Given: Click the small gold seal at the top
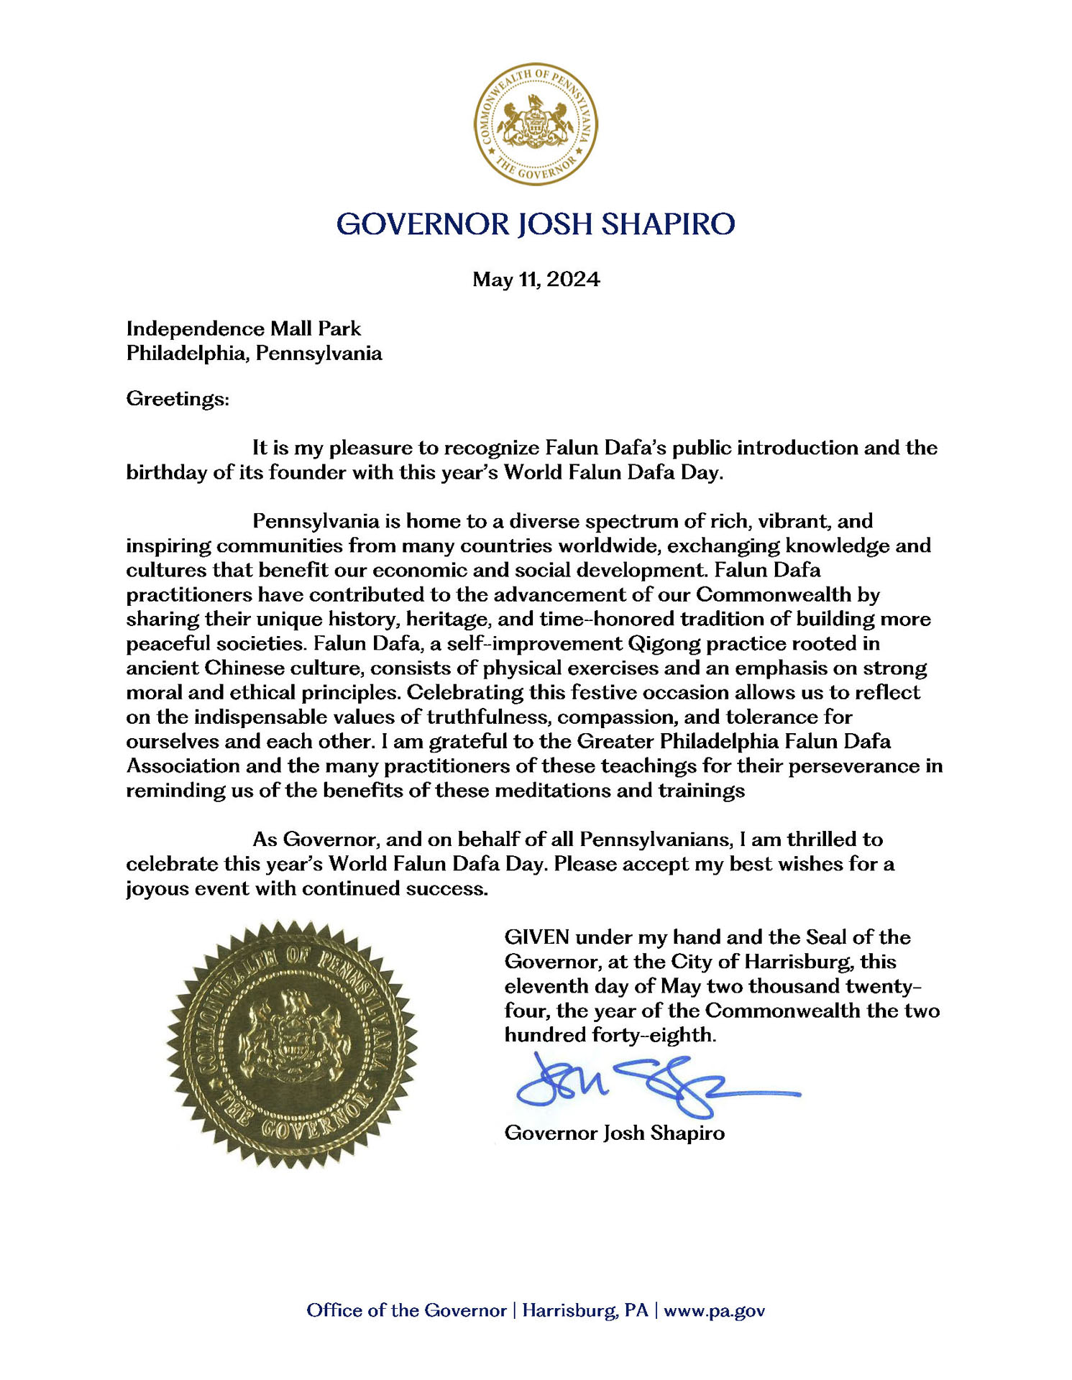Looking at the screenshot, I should point(535,124).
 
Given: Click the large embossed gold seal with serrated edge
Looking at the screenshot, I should point(292,1044).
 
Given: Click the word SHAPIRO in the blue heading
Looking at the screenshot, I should point(668,224).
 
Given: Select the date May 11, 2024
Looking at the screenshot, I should point(536,279).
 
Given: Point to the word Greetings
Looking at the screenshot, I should point(178,398).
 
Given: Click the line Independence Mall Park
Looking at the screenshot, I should point(244,328).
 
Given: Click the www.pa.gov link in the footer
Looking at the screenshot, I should point(714,1310).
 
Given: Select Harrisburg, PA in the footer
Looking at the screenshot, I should point(585,1310).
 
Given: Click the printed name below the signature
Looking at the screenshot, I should point(615,1133).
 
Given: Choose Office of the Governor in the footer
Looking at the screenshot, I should point(406,1310).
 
